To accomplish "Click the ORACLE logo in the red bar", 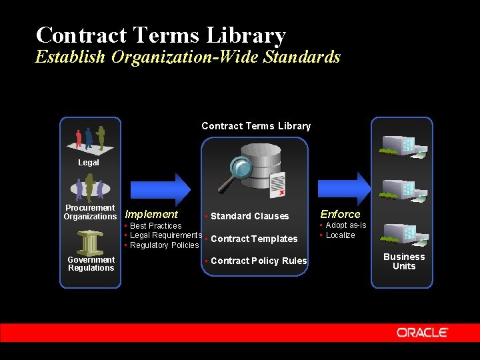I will (x=423, y=332).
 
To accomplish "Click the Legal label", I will (x=88, y=163).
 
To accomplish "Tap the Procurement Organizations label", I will (x=90, y=212).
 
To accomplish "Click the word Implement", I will (x=151, y=214).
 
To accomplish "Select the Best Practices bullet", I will (x=155, y=226).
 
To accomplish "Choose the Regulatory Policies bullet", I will (x=164, y=245).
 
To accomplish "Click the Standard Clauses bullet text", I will (x=249, y=216).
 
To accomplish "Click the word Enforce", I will (x=340, y=214).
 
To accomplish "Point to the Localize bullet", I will (x=340, y=235).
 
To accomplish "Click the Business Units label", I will (x=403, y=261).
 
